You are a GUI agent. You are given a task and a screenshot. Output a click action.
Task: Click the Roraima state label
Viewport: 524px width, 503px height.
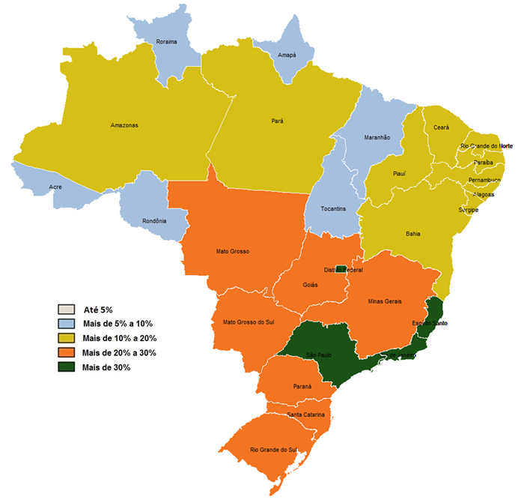tap(166, 42)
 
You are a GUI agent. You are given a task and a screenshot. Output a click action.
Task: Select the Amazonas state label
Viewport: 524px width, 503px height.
tap(124, 125)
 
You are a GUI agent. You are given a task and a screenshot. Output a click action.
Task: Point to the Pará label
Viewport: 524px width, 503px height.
tap(277, 120)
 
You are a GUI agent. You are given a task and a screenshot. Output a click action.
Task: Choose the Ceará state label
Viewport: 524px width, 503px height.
tap(442, 128)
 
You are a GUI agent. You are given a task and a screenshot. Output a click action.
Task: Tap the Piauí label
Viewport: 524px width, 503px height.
tap(399, 174)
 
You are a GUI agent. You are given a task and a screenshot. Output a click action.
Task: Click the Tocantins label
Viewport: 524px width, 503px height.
tap(334, 208)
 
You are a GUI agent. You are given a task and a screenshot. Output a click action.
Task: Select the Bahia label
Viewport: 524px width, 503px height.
tap(412, 234)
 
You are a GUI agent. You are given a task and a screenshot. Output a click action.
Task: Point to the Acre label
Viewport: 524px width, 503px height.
tap(55, 187)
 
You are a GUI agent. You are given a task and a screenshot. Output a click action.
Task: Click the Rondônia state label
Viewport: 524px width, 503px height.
tap(155, 221)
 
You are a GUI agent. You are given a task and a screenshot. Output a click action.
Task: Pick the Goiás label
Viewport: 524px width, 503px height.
tap(311, 285)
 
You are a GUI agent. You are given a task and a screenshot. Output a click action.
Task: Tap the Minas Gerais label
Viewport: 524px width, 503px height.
tap(386, 301)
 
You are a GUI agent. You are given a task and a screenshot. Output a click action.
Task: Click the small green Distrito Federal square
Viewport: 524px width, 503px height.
tap(341, 270)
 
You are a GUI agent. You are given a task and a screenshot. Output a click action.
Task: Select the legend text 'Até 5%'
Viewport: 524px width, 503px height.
tap(97, 310)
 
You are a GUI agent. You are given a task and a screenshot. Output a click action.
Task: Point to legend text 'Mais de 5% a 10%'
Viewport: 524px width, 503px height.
tap(118, 324)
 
